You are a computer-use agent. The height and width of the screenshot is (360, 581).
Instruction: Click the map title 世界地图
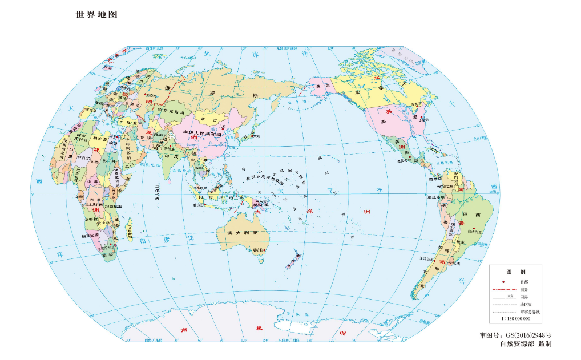tap(96, 15)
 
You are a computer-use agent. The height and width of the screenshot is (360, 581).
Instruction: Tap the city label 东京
tap(256, 136)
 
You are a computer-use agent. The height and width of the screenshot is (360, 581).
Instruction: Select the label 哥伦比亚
tap(444, 186)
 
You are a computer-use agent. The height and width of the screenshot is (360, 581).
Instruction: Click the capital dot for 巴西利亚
tap(473, 228)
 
